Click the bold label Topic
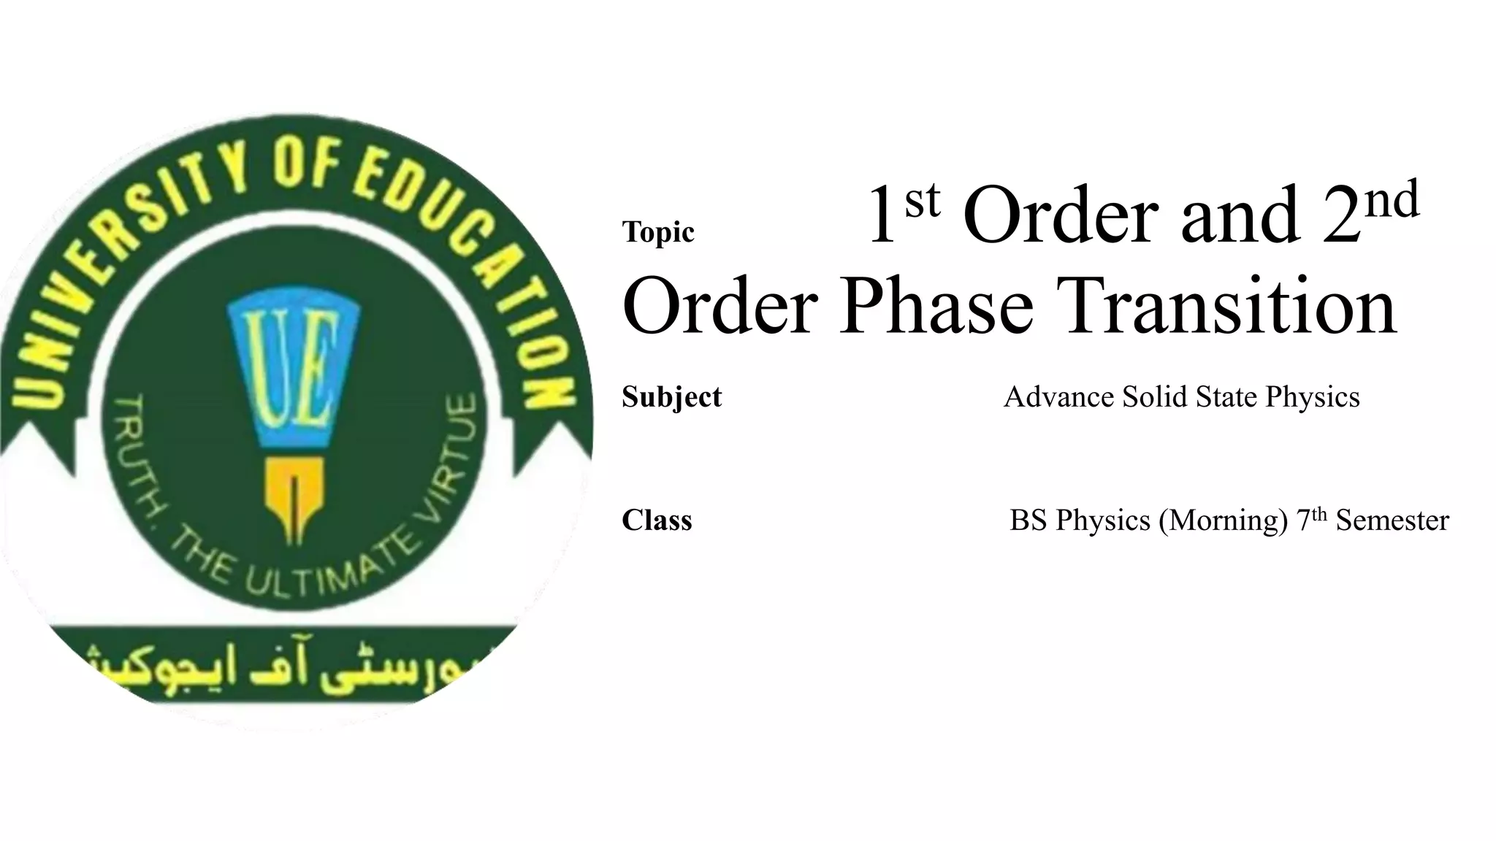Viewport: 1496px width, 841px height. click(x=657, y=232)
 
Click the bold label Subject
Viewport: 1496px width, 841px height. click(x=671, y=396)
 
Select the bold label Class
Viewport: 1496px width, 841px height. click(x=657, y=520)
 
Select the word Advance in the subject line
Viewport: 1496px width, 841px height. click(x=1059, y=396)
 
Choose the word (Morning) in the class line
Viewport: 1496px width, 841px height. click(x=1223, y=521)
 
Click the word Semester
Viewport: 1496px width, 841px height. click(x=1392, y=521)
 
